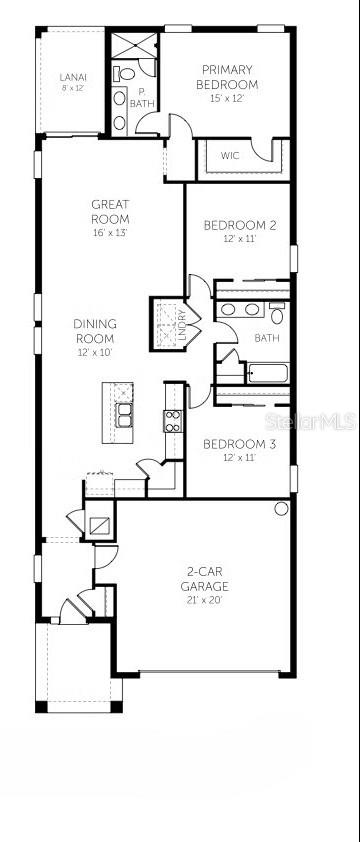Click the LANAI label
click(72, 76)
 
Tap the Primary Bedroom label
click(228, 76)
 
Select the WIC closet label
click(230, 155)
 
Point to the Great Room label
click(110, 211)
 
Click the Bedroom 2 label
click(240, 225)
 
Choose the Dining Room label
click(95, 330)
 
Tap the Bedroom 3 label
click(239, 444)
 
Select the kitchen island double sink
click(125, 413)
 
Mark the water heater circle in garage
click(281, 509)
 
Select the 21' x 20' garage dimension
click(204, 600)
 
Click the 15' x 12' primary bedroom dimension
click(228, 97)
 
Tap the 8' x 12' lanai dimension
click(72, 88)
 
